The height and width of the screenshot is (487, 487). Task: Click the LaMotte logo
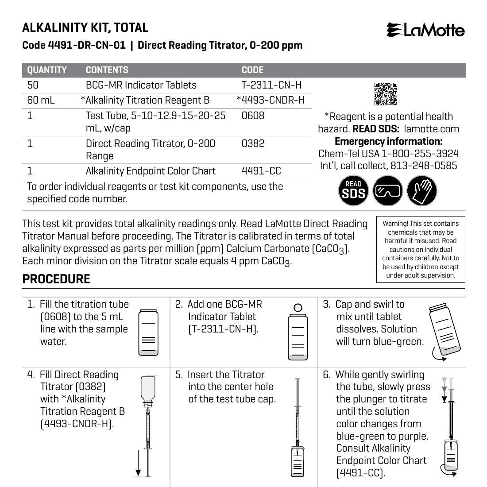[425, 30]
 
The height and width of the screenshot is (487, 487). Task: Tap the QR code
[386, 94]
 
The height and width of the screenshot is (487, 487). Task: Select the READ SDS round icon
[354, 191]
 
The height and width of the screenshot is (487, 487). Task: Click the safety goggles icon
[388, 191]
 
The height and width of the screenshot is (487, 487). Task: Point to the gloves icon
[421, 191]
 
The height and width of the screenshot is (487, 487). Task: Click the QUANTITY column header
[47, 70]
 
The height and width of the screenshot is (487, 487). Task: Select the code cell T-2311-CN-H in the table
[271, 85]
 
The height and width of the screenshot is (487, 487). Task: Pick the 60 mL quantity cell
[41, 100]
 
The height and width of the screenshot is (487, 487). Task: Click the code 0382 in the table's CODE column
[253, 143]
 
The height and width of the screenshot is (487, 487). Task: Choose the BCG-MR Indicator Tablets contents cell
[141, 85]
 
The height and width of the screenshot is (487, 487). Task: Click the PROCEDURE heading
[56, 279]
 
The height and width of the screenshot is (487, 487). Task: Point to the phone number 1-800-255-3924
[420, 154]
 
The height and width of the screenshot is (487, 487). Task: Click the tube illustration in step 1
[148, 332]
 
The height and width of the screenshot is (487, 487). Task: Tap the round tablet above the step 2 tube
[298, 308]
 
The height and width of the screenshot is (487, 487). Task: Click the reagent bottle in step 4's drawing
[148, 390]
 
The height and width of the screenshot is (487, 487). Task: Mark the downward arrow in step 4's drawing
[138, 463]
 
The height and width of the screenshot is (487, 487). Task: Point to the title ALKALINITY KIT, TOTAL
[85, 27]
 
